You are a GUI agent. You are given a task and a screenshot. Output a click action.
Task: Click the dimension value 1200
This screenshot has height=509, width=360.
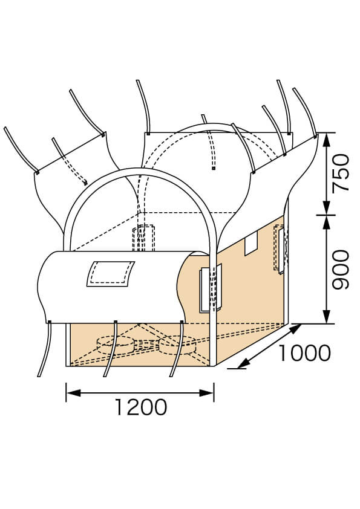(141, 407)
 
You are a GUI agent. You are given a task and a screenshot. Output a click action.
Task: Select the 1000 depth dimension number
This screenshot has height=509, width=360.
(305, 353)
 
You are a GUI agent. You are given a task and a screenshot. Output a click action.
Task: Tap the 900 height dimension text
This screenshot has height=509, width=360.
(340, 270)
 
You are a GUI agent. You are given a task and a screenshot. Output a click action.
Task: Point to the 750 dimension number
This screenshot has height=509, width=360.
(340, 173)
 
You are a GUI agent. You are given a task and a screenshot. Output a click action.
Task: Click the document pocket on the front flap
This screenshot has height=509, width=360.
(111, 274)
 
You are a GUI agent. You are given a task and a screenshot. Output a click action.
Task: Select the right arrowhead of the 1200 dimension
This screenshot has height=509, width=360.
(207, 393)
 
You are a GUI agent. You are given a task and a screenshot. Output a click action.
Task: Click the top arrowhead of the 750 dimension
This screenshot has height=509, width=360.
(327, 140)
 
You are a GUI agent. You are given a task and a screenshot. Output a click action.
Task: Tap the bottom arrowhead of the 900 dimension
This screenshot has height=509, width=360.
(327, 317)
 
